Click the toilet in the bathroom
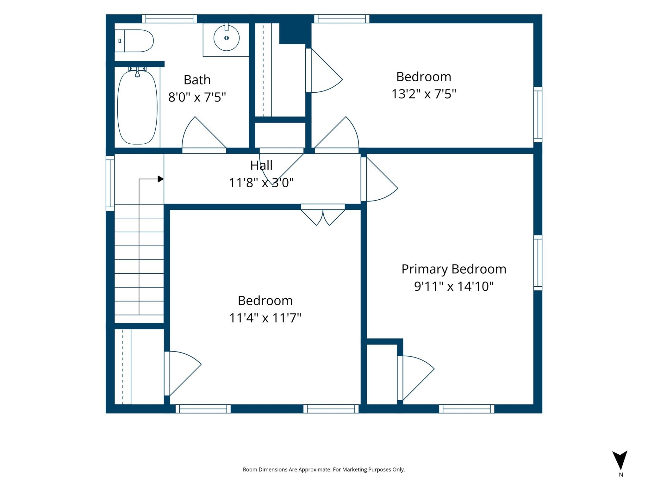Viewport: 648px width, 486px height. tap(134, 41)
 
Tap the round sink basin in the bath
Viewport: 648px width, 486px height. tap(227, 38)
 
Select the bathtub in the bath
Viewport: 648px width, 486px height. tap(137, 107)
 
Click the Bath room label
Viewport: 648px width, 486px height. tap(197, 80)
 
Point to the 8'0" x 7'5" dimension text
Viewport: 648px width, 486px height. tap(197, 97)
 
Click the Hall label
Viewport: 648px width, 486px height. tap(261, 165)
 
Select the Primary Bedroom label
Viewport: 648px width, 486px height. tap(454, 269)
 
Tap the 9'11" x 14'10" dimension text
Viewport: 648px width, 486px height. tap(454, 286)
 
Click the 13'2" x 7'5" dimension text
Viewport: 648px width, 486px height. tap(424, 94)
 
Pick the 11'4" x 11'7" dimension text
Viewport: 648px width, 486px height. tap(265, 317)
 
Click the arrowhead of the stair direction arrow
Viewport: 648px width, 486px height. tap(161, 179)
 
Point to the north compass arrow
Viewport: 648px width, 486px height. tap(620, 460)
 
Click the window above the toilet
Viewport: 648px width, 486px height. tap(169, 19)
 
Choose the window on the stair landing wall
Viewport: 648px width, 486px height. tap(110, 183)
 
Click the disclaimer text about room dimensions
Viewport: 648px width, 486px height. tap(324, 470)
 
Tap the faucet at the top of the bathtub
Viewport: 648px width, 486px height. tap(137, 72)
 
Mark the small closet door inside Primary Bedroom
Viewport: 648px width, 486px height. tap(415, 378)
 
